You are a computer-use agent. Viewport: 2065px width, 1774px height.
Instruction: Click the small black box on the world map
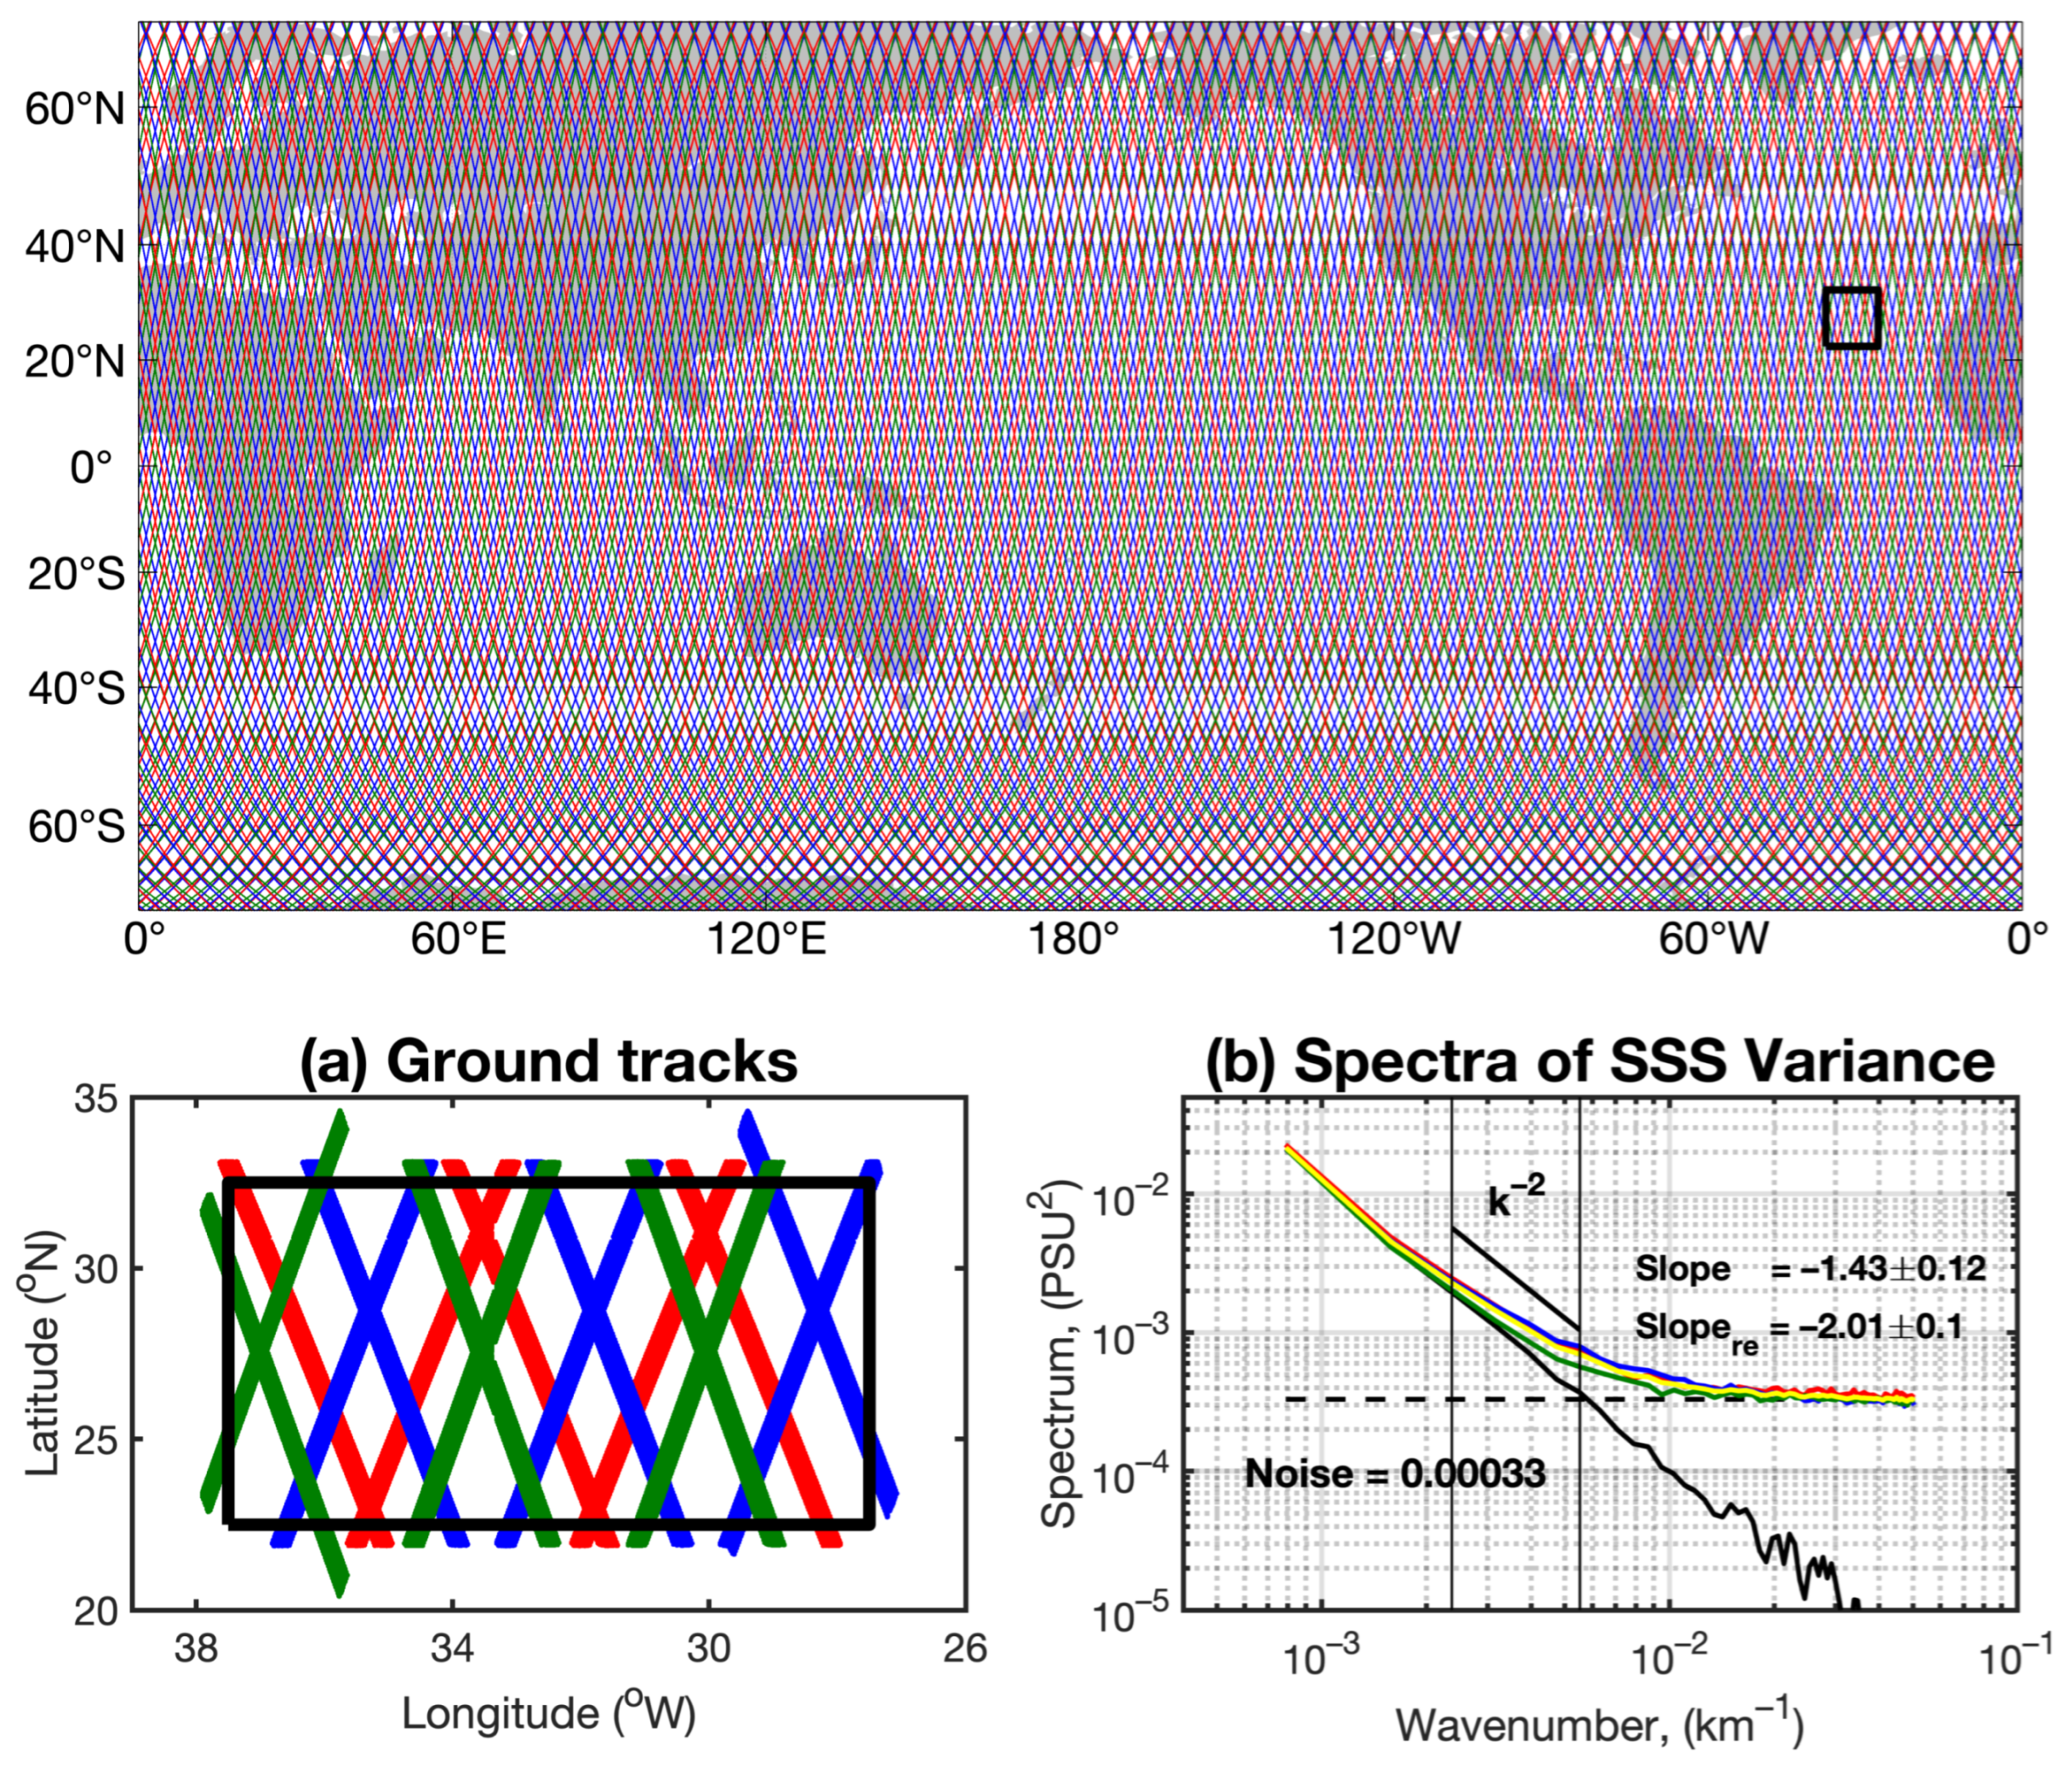tap(1850, 318)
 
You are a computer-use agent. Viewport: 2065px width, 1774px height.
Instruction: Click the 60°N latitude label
tap(76, 109)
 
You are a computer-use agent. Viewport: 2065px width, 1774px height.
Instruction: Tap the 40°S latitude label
tap(76, 689)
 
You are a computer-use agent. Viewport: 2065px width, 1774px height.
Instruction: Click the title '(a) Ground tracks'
tap(549, 1061)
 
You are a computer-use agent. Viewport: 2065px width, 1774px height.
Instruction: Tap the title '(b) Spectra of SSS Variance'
tap(1599, 1061)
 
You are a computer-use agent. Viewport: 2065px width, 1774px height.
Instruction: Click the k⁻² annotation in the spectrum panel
tap(1516, 1201)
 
